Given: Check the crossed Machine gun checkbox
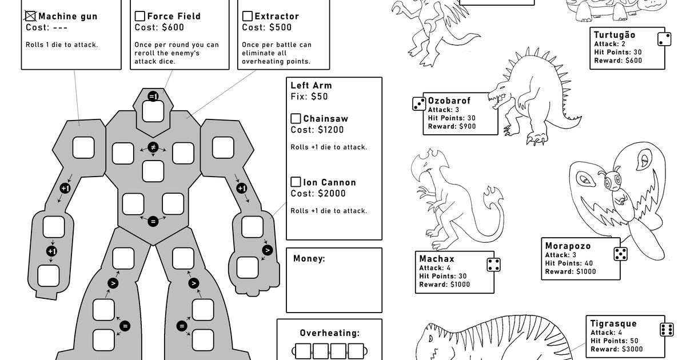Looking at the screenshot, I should point(31,17).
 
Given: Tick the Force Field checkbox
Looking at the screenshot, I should point(140,17).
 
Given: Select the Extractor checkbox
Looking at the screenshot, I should point(248,17).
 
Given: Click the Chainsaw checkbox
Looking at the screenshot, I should point(296,119).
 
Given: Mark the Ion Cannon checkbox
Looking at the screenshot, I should point(296,182).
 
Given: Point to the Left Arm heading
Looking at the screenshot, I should point(311,86).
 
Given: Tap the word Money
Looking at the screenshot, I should point(309,259).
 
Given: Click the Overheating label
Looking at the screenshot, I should point(329,333).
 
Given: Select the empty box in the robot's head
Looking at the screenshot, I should point(153,111).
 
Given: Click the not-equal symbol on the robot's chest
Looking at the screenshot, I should point(153,147).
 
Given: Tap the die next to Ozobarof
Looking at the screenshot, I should point(419,103).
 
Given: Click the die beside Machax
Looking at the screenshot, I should point(494,265).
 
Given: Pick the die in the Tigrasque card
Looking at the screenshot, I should point(666,330).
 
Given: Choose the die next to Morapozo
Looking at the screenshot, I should point(621,253).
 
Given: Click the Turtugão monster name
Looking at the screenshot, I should point(614,35).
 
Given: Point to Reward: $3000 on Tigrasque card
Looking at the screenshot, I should point(616,349).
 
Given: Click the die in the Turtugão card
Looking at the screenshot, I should point(664,39).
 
